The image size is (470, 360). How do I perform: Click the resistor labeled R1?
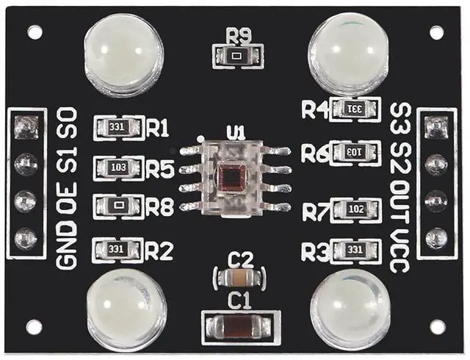pyautogui.click(x=117, y=127)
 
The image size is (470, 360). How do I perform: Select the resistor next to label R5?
pyautogui.click(x=117, y=167)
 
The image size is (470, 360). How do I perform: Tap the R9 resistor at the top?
pyautogui.click(x=235, y=54)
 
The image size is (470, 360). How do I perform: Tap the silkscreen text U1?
pyautogui.click(x=235, y=133)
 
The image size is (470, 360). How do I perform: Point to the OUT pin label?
pyautogui.click(x=399, y=198)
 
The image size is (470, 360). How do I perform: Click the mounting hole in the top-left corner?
pyautogui.click(x=34, y=32)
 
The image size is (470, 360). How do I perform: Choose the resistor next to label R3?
pyautogui.click(x=355, y=251)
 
